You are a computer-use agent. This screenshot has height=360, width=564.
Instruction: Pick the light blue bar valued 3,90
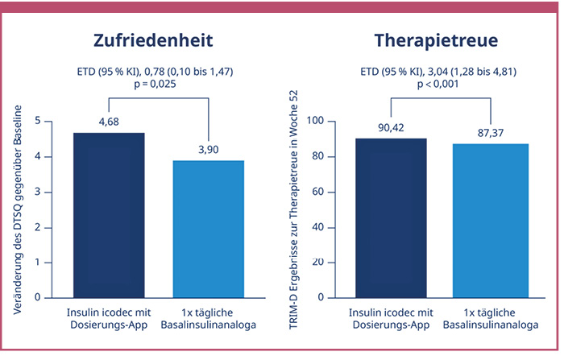click(x=208, y=229)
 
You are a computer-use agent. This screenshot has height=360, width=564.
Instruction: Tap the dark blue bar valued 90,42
click(x=392, y=217)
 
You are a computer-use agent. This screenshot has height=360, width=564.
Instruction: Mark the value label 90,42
click(x=392, y=126)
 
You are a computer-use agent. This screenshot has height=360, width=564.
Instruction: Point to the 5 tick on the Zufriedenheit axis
click(x=39, y=121)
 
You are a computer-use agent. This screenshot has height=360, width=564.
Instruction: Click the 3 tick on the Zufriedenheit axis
click(x=39, y=192)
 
